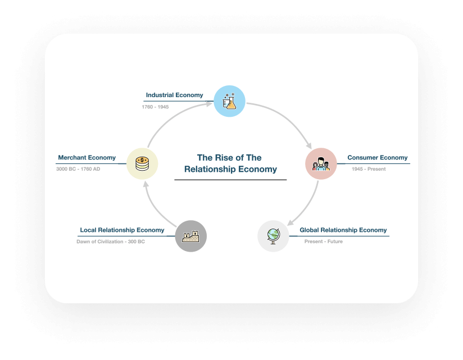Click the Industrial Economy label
pyautogui.click(x=175, y=95)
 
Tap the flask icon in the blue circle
pyautogui.click(x=229, y=101)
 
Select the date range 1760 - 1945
pyautogui.click(x=155, y=107)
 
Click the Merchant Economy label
pyautogui.click(x=87, y=158)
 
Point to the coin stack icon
pyautogui.click(x=142, y=164)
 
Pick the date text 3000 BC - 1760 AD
pyautogui.click(x=78, y=169)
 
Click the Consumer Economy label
pyautogui.click(x=378, y=158)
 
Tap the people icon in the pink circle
pyautogui.click(x=321, y=164)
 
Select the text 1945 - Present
pyautogui.click(x=369, y=169)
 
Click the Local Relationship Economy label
pyautogui.click(x=122, y=230)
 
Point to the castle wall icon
pyautogui.click(x=190, y=236)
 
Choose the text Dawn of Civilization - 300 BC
pyautogui.click(x=111, y=241)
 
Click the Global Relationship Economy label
pyautogui.click(x=343, y=230)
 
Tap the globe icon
pyautogui.click(x=273, y=236)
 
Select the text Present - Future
pyautogui.click(x=324, y=241)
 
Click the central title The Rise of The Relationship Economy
pyautogui.click(x=230, y=163)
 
